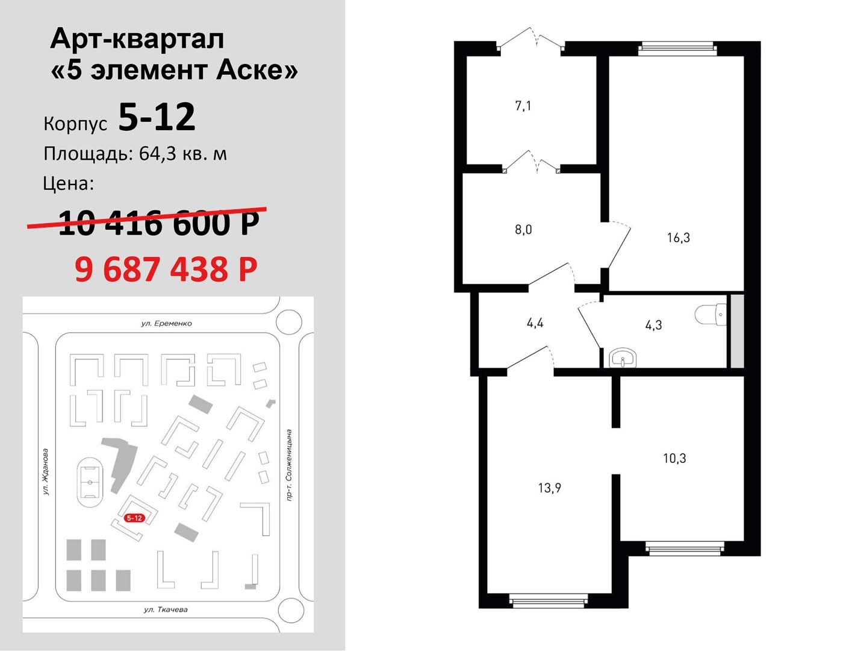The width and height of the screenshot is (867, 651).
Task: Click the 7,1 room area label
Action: [523, 106]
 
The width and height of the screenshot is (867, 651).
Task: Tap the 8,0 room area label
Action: [523, 230]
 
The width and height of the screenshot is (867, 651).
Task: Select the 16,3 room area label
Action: [678, 237]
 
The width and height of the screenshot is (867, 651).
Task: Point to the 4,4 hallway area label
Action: [535, 323]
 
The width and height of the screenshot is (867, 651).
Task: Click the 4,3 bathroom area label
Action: [653, 325]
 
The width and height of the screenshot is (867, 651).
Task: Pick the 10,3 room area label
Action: [675, 458]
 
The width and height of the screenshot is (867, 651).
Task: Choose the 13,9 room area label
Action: [550, 488]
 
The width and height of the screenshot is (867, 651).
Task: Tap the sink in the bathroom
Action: [623, 357]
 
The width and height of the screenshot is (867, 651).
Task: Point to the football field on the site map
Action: [90, 483]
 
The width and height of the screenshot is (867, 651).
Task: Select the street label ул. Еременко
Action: [167, 323]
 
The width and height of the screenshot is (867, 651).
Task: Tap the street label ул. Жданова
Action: [46, 471]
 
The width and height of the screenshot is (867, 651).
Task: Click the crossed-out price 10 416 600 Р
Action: [159, 222]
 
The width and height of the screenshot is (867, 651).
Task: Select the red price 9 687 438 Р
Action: [166, 269]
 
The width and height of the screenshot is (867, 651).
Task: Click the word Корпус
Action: [75, 124]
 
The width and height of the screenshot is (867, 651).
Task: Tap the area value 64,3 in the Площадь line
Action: [158, 154]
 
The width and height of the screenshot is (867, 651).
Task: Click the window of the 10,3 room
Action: [685, 549]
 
